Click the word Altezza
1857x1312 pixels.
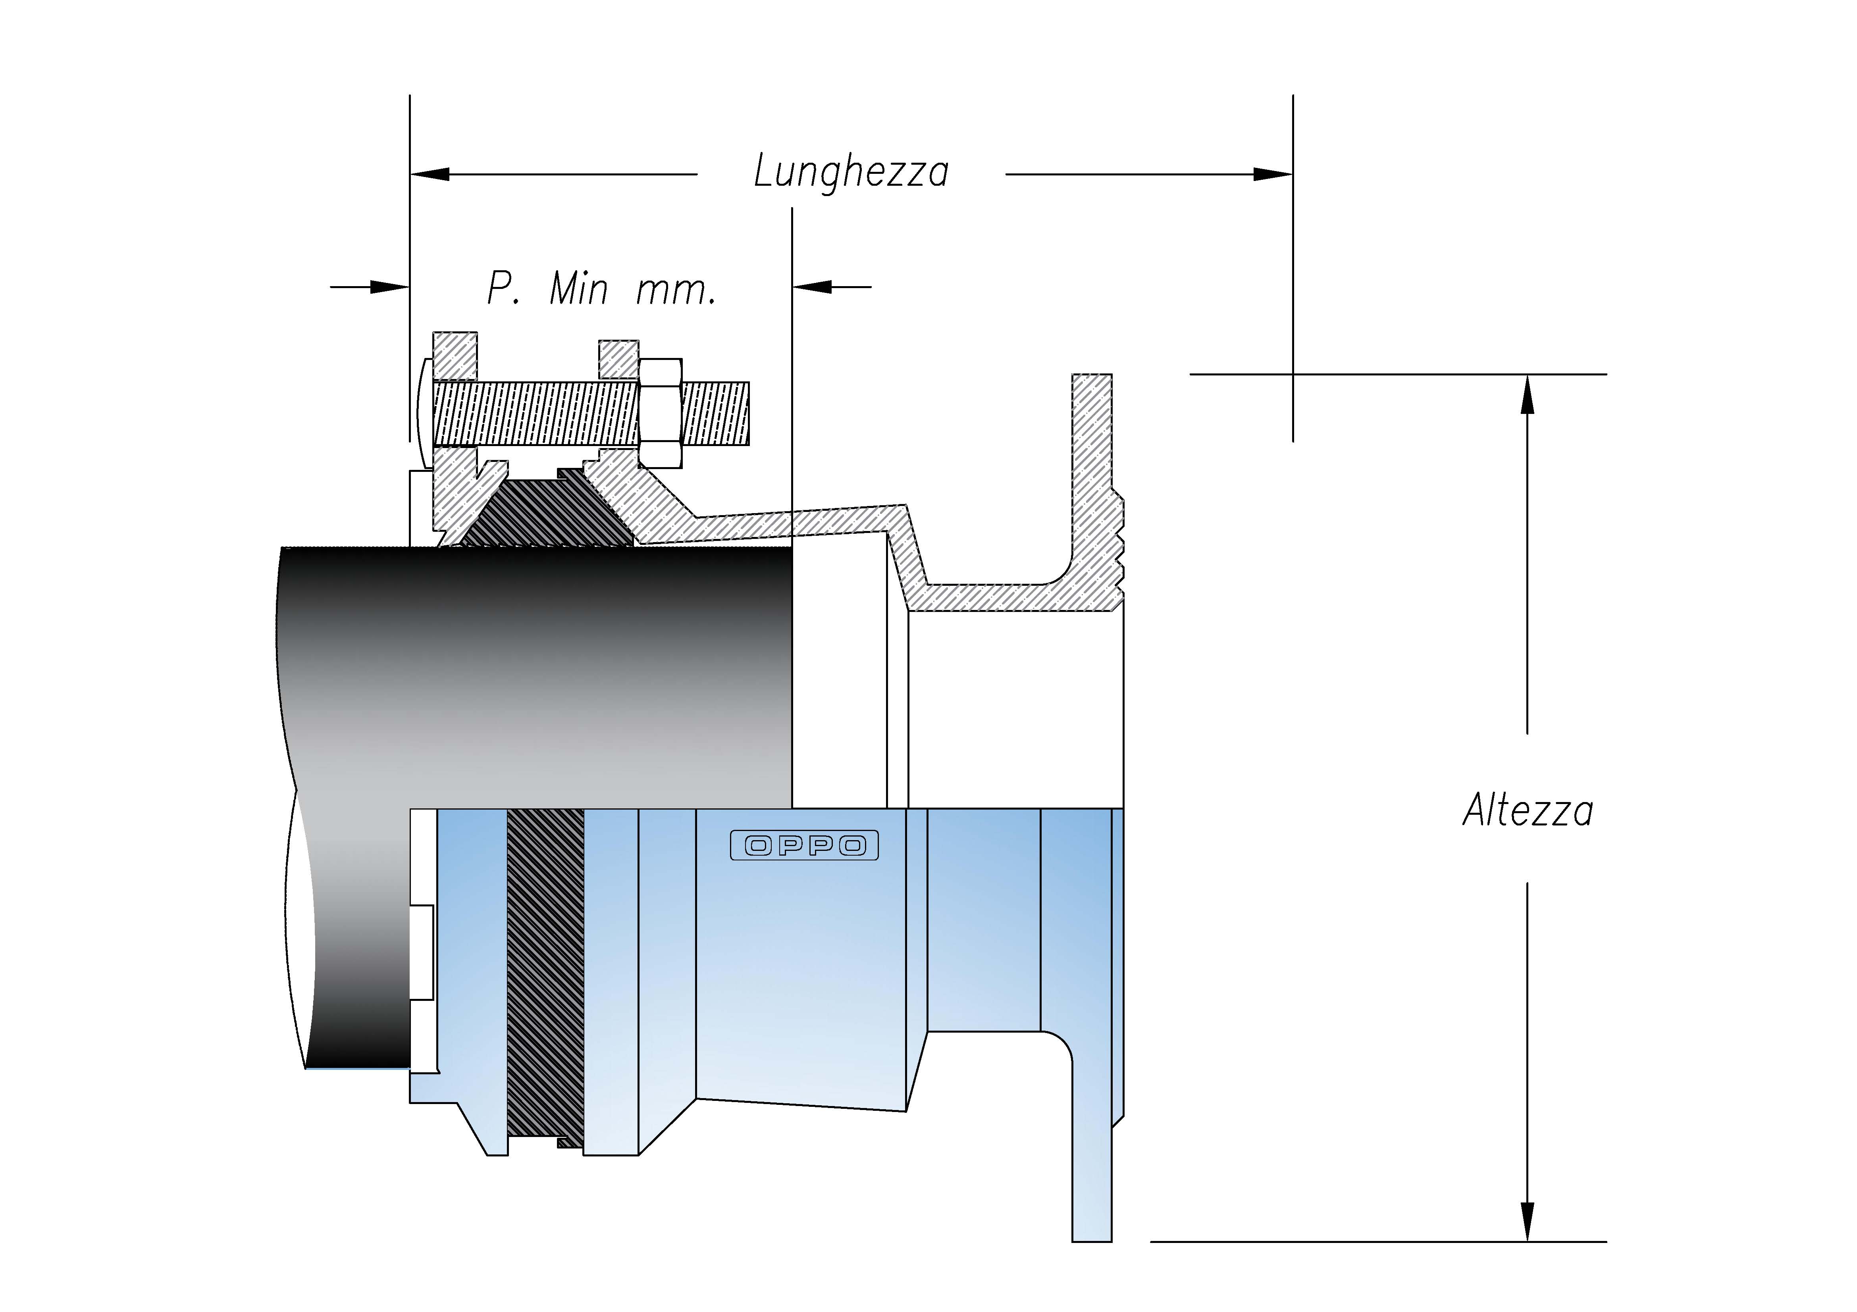(1527, 811)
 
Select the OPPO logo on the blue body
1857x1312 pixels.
(804, 846)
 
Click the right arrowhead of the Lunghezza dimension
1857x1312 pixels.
(1272, 174)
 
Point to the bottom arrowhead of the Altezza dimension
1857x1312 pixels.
(1527, 1221)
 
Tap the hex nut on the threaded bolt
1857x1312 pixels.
(660, 412)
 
